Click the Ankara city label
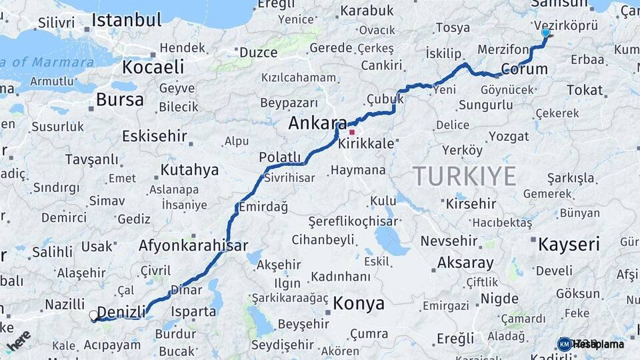[x=317, y=123]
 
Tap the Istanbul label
[x=127, y=20]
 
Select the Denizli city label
[x=121, y=311]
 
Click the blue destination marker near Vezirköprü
[x=546, y=33]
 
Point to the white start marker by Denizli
[x=93, y=314]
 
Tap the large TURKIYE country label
[x=465, y=176]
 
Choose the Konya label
[x=359, y=304]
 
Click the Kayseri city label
[x=569, y=244]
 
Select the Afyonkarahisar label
[x=193, y=245]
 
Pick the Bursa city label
[x=119, y=100]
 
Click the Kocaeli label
[x=153, y=67]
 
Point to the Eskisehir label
[x=154, y=137]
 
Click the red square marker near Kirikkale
[x=352, y=132]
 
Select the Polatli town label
[x=280, y=157]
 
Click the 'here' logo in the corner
[x=18, y=341]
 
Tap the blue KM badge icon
[x=565, y=344]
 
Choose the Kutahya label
[x=189, y=170]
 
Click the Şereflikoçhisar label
[x=353, y=221]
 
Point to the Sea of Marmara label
[x=47, y=63]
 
